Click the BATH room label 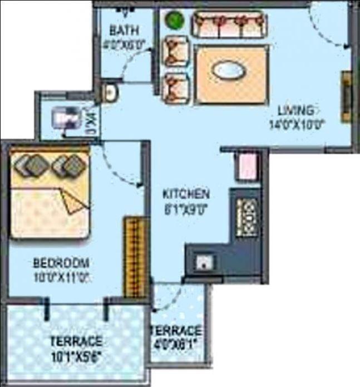tap(124, 30)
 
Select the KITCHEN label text tap(186, 194)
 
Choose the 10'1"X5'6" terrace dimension tap(76, 354)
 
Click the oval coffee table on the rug tap(229, 72)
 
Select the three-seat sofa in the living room tap(228, 25)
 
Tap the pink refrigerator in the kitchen tap(247, 165)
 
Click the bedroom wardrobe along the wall tap(133, 257)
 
